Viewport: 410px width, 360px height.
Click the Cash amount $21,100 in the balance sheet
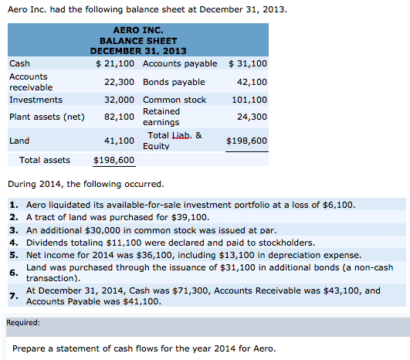tap(115, 63)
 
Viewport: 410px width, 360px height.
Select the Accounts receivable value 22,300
tap(119, 82)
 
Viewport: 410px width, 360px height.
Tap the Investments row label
tap(36, 100)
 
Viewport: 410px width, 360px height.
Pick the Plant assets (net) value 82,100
tap(119, 117)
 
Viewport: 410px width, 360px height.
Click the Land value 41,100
tap(119, 141)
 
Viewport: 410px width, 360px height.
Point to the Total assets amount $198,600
tap(114, 160)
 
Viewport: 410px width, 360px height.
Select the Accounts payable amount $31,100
tap(248, 63)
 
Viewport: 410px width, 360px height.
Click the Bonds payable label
tap(174, 82)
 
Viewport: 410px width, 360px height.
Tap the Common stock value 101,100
tap(249, 100)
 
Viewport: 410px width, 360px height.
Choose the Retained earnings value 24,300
tap(252, 117)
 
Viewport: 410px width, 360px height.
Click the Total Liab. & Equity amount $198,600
tap(246, 141)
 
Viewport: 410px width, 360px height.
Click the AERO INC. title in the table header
tap(138, 30)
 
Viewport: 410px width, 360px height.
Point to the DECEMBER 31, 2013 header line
tap(138, 51)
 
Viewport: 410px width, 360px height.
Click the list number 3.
tap(14, 230)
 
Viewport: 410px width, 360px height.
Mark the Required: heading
tap(23, 323)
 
